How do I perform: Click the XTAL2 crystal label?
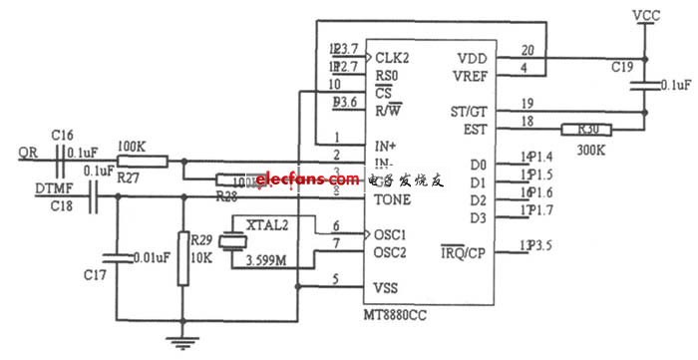269,225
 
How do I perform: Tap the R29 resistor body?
183,258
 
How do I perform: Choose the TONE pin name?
393,198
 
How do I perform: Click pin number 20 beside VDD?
526,49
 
